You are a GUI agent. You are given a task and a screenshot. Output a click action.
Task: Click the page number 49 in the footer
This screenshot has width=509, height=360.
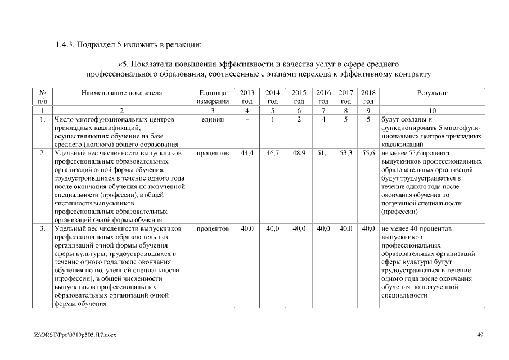[480, 335]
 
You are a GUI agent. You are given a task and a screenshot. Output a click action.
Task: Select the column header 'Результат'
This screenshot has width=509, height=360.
[432, 93]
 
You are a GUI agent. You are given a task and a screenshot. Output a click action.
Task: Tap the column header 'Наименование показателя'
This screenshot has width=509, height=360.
[121, 93]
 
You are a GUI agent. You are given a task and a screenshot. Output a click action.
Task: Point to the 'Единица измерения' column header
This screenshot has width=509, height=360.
[213, 97]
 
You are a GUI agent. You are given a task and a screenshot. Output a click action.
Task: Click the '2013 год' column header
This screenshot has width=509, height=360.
[247, 97]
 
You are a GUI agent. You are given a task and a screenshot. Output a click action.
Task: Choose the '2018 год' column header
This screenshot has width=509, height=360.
[368, 97]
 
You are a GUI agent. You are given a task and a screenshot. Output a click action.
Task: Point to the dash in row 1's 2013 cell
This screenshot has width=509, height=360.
[247, 120]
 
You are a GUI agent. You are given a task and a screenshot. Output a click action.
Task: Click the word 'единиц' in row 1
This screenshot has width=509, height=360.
[213, 120]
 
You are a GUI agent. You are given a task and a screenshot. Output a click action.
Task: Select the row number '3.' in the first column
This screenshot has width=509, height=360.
[43, 229]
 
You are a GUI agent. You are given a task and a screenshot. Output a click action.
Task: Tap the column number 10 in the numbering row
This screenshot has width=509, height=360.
[432, 111]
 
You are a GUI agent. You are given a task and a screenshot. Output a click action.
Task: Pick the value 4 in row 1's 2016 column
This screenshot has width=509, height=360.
[323, 120]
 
